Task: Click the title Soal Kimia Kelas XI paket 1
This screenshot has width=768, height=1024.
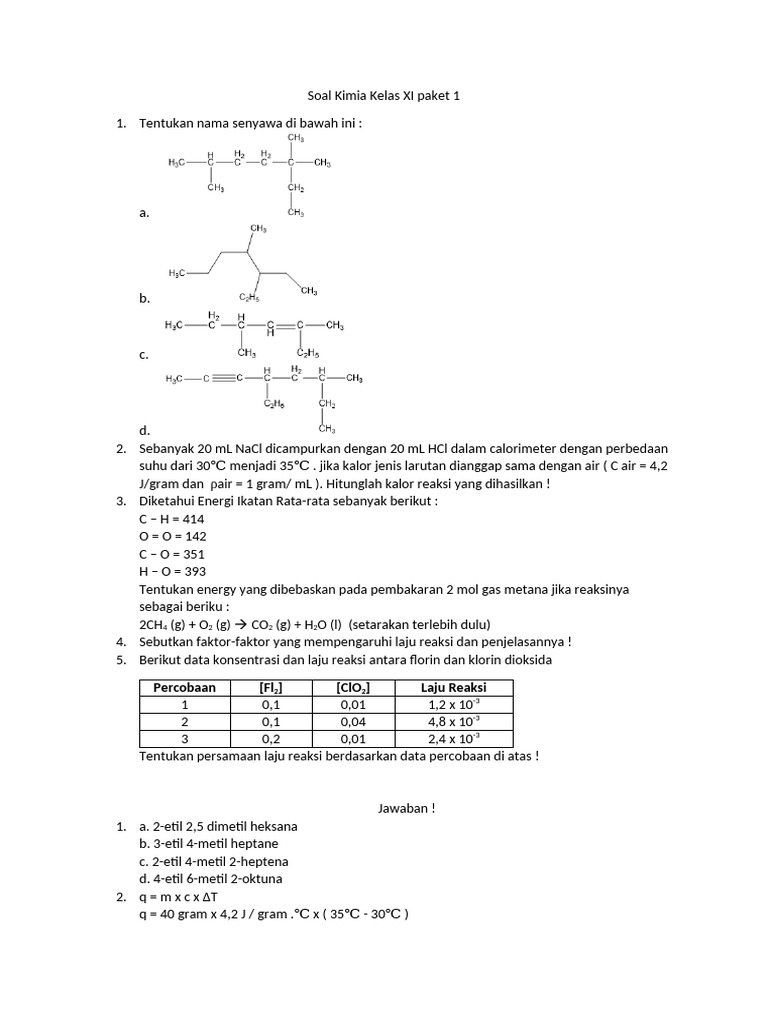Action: [x=384, y=97]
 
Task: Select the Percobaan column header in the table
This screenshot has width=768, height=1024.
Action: [x=185, y=688]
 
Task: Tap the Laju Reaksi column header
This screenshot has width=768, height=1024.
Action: [x=450, y=688]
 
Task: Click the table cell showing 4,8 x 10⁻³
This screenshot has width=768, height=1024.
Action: [x=450, y=721]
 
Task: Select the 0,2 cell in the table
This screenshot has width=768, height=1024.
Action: [x=270, y=738]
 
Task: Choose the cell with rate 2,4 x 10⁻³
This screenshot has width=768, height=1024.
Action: [x=450, y=738]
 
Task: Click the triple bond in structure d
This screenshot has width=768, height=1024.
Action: [x=228, y=378]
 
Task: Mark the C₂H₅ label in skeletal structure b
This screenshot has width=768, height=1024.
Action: [x=249, y=297]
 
